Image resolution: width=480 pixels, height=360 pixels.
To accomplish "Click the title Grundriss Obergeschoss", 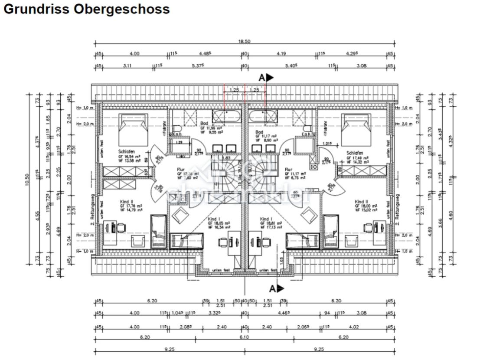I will pyautogui.click(x=86, y=9).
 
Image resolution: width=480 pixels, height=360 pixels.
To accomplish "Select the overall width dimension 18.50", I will pyautogui.click(x=245, y=41).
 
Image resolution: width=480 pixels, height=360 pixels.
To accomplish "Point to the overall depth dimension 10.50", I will pyautogui.click(x=27, y=179).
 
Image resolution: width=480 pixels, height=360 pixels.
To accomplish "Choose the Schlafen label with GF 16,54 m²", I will pyautogui.click(x=126, y=152).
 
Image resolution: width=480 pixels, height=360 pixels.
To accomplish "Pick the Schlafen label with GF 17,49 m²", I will pyautogui.click(x=355, y=153).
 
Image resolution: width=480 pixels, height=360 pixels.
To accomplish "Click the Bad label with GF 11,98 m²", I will pyautogui.click(x=204, y=124).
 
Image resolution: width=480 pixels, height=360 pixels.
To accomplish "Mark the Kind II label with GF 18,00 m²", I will pyautogui.click(x=361, y=202).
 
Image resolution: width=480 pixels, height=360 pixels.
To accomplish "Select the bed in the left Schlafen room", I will pyautogui.click(x=133, y=129).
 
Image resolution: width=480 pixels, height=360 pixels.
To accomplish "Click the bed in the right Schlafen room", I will pyautogui.click(x=356, y=129).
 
